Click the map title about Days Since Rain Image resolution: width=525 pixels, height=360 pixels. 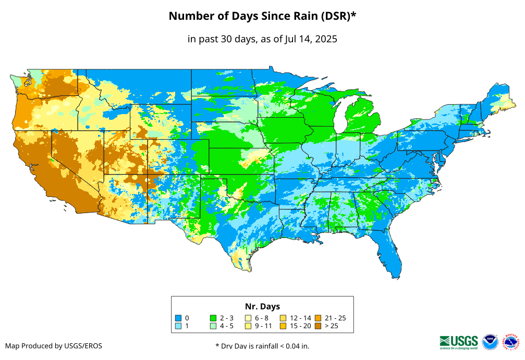point(262,16)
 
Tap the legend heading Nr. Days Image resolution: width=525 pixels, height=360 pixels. point(262,306)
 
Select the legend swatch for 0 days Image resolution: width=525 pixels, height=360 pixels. point(178,318)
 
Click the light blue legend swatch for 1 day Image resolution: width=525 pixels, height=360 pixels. point(178,326)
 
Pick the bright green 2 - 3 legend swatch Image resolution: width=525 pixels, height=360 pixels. point(213,318)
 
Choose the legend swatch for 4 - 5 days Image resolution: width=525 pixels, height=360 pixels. point(213,326)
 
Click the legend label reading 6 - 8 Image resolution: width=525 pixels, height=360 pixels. point(262,318)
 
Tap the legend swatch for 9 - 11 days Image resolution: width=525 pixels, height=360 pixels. point(249,326)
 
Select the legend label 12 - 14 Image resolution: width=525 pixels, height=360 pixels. point(300,318)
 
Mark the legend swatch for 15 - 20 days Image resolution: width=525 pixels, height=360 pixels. point(284,326)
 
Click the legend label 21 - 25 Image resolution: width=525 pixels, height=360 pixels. point(335,318)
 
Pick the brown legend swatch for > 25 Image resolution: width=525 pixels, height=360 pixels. point(319,326)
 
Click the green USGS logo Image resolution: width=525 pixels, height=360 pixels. point(459,341)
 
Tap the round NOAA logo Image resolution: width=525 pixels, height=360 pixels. point(490,342)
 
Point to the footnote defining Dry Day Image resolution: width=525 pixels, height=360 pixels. point(262,346)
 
